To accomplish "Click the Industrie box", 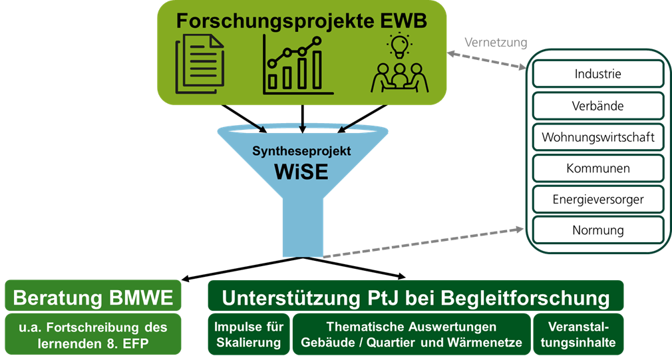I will [x=598, y=74].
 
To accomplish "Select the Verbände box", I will [x=598, y=106].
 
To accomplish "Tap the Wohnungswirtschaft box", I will [x=598, y=138].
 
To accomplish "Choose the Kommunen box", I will [x=598, y=169].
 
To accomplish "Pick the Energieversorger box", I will [x=598, y=199].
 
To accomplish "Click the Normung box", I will [x=598, y=230].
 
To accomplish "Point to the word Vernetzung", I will [x=496, y=43].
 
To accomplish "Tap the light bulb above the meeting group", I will [x=399, y=45].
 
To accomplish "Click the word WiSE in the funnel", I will [x=301, y=172].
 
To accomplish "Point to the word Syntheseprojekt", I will [x=301, y=151].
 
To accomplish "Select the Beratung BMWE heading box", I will [x=93, y=297].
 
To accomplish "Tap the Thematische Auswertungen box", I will [x=412, y=335].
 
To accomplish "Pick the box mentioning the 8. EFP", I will [x=93, y=335].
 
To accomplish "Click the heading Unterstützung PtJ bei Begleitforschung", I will [x=416, y=297].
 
